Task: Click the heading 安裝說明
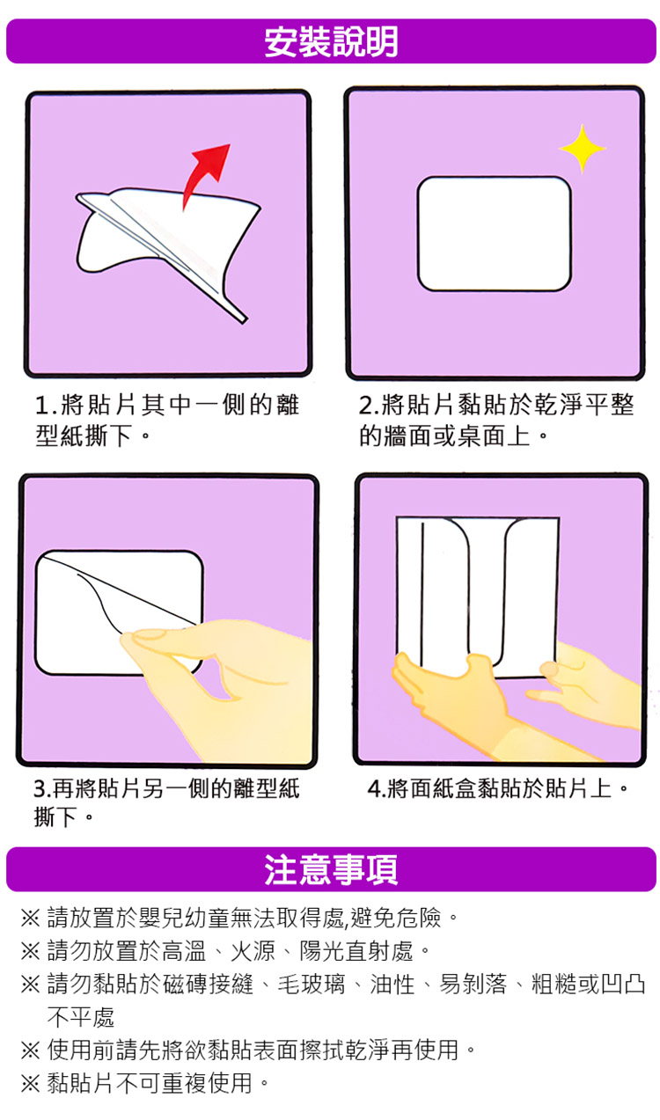click(331, 41)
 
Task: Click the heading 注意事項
click(331, 869)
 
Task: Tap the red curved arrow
click(202, 175)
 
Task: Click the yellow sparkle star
click(582, 149)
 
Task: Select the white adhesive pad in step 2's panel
click(494, 233)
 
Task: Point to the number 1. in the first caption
click(46, 405)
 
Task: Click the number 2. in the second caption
click(369, 405)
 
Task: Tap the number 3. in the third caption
click(42, 788)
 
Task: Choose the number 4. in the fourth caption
click(377, 788)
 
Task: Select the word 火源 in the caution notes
click(253, 951)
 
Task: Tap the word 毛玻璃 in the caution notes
click(311, 985)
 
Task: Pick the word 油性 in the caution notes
click(392, 985)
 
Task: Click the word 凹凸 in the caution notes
click(623, 985)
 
